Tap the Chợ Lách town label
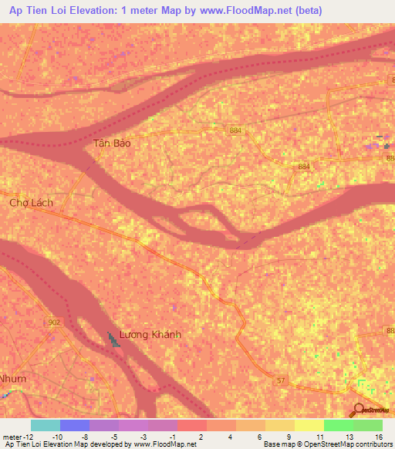coord(30,203)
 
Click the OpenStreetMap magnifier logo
coord(359,410)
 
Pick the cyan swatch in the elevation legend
coord(46,425)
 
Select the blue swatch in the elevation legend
coord(75,425)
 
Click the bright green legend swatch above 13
coord(339,425)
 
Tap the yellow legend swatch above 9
coord(280,425)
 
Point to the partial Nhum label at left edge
coord(12,379)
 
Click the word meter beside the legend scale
coord(12,436)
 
